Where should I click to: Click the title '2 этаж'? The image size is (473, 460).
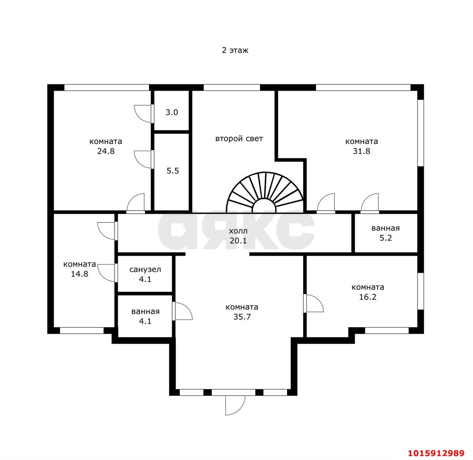[x=235, y=50]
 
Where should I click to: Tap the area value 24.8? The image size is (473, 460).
[x=106, y=151]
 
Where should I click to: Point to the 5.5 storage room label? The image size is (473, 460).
[x=173, y=171]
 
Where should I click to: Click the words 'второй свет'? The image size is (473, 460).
[x=239, y=139]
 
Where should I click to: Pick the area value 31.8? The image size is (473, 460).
[x=361, y=151]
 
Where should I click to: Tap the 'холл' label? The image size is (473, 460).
[x=238, y=231]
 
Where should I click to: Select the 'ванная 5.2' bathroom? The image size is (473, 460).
[x=386, y=233]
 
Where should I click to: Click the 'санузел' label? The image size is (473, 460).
[x=145, y=269]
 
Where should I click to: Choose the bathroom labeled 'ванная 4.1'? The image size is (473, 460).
[x=145, y=316]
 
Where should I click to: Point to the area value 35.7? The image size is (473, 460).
[x=242, y=317]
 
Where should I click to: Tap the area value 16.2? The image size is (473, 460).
[x=368, y=297]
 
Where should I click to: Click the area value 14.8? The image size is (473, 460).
[x=79, y=274]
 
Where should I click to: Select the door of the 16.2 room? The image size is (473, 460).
[x=313, y=303]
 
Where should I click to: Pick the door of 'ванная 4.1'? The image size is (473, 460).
[x=182, y=311]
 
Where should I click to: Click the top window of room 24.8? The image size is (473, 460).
[x=106, y=88]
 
